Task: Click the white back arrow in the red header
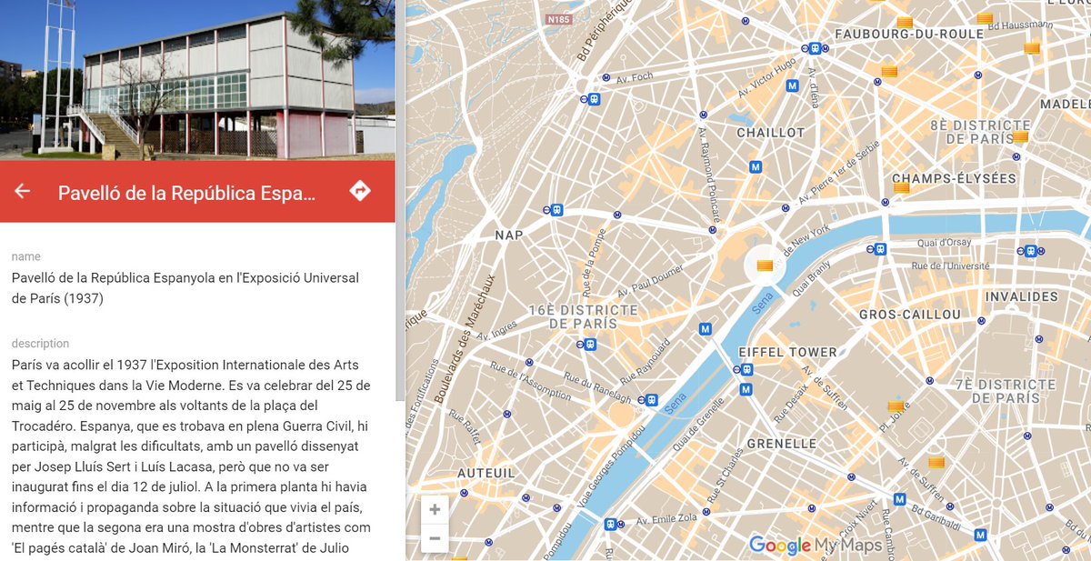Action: [23, 191]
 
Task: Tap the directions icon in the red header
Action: [360, 191]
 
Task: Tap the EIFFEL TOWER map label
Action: [775, 352]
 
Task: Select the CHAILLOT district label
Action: [770, 133]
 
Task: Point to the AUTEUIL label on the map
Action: [485, 473]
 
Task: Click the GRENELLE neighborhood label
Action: [781, 444]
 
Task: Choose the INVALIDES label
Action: [1021, 296]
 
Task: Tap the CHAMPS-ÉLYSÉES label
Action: [954, 178]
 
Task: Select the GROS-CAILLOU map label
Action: [909, 315]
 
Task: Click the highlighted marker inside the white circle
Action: [764, 266]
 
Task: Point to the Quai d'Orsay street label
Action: [944, 243]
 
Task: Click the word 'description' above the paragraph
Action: [40, 344]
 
